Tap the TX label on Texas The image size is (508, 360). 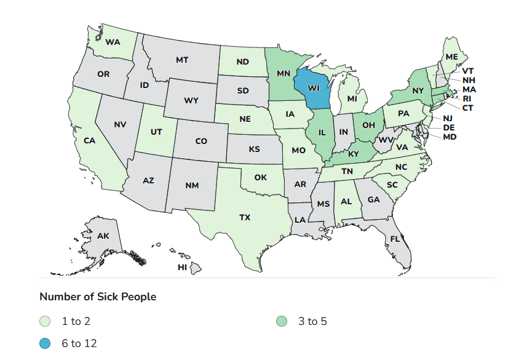(x=245, y=217)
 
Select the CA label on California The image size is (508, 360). (x=89, y=140)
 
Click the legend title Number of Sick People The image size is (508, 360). (x=98, y=297)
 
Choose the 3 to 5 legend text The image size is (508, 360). (x=312, y=321)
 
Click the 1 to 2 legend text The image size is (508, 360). (x=76, y=321)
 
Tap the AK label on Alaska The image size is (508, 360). (x=103, y=236)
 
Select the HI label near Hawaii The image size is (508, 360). (x=182, y=267)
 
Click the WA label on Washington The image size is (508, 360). (x=113, y=42)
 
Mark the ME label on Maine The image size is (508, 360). (x=451, y=57)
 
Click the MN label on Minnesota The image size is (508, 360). (x=283, y=74)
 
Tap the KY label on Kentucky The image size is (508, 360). (x=353, y=154)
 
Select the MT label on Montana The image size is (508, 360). (x=181, y=60)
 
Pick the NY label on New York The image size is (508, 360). (x=418, y=90)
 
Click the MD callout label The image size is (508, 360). (x=450, y=136)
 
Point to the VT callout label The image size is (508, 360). (x=468, y=71)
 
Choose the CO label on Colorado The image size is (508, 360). (x=201, y=141)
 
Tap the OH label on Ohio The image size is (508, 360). (x=368, y=125)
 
